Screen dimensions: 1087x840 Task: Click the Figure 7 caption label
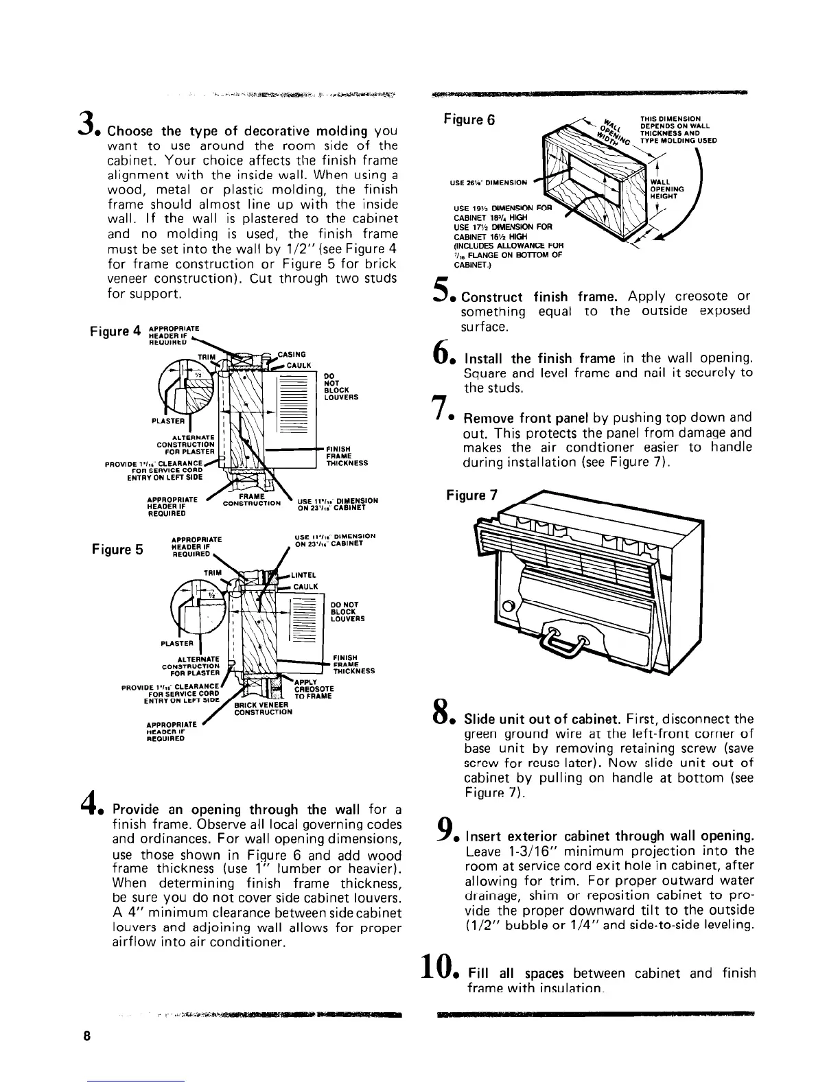pos(471,495)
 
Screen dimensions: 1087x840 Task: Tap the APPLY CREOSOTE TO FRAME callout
pos(314,689)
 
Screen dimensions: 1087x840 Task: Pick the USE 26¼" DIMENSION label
pos(489,183)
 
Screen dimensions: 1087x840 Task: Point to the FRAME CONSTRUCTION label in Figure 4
pos(252,500)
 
